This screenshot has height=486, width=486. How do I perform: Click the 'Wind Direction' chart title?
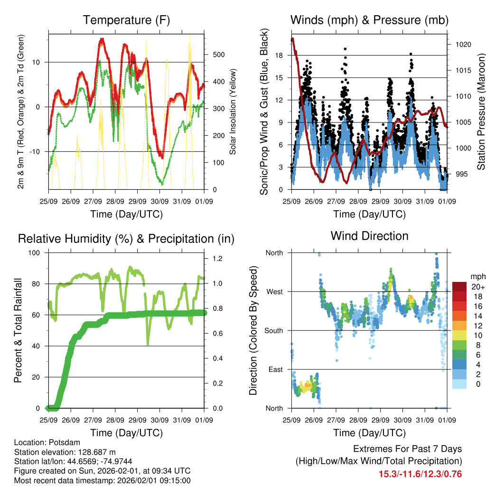click(369, 236)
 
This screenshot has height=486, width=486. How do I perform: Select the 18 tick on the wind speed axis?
click(279, 56)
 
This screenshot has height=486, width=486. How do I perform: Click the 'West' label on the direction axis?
click(274, 292)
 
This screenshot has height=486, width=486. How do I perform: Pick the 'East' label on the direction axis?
click(275, 370)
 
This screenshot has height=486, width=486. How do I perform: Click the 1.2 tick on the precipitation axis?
click(217, 259)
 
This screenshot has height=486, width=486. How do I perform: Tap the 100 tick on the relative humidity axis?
click(35, 253)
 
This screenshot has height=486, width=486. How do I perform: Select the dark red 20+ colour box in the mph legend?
click(459, 287)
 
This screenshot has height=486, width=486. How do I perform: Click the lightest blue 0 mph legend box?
click(459, 384)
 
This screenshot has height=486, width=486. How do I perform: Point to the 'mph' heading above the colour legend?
click(477, 276)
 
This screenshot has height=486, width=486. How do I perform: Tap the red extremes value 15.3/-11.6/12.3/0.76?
click(420, 474)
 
